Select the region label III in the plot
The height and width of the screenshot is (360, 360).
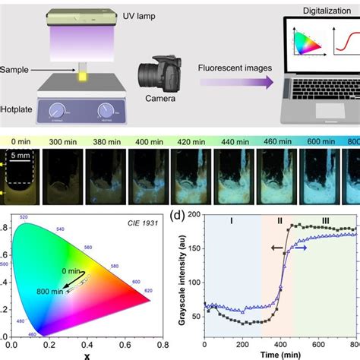click(x=324, y=223)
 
